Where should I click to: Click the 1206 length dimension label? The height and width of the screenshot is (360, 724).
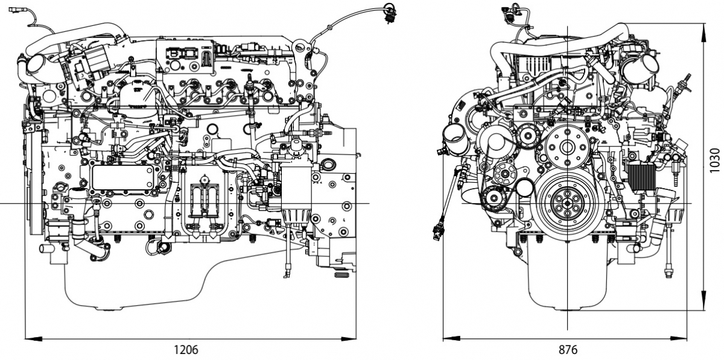(186, 349)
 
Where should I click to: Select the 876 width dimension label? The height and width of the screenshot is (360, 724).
(568, 349)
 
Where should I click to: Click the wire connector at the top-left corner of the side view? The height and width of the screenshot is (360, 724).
(15, 9)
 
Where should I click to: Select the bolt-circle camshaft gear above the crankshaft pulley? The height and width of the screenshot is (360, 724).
(567, 146)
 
